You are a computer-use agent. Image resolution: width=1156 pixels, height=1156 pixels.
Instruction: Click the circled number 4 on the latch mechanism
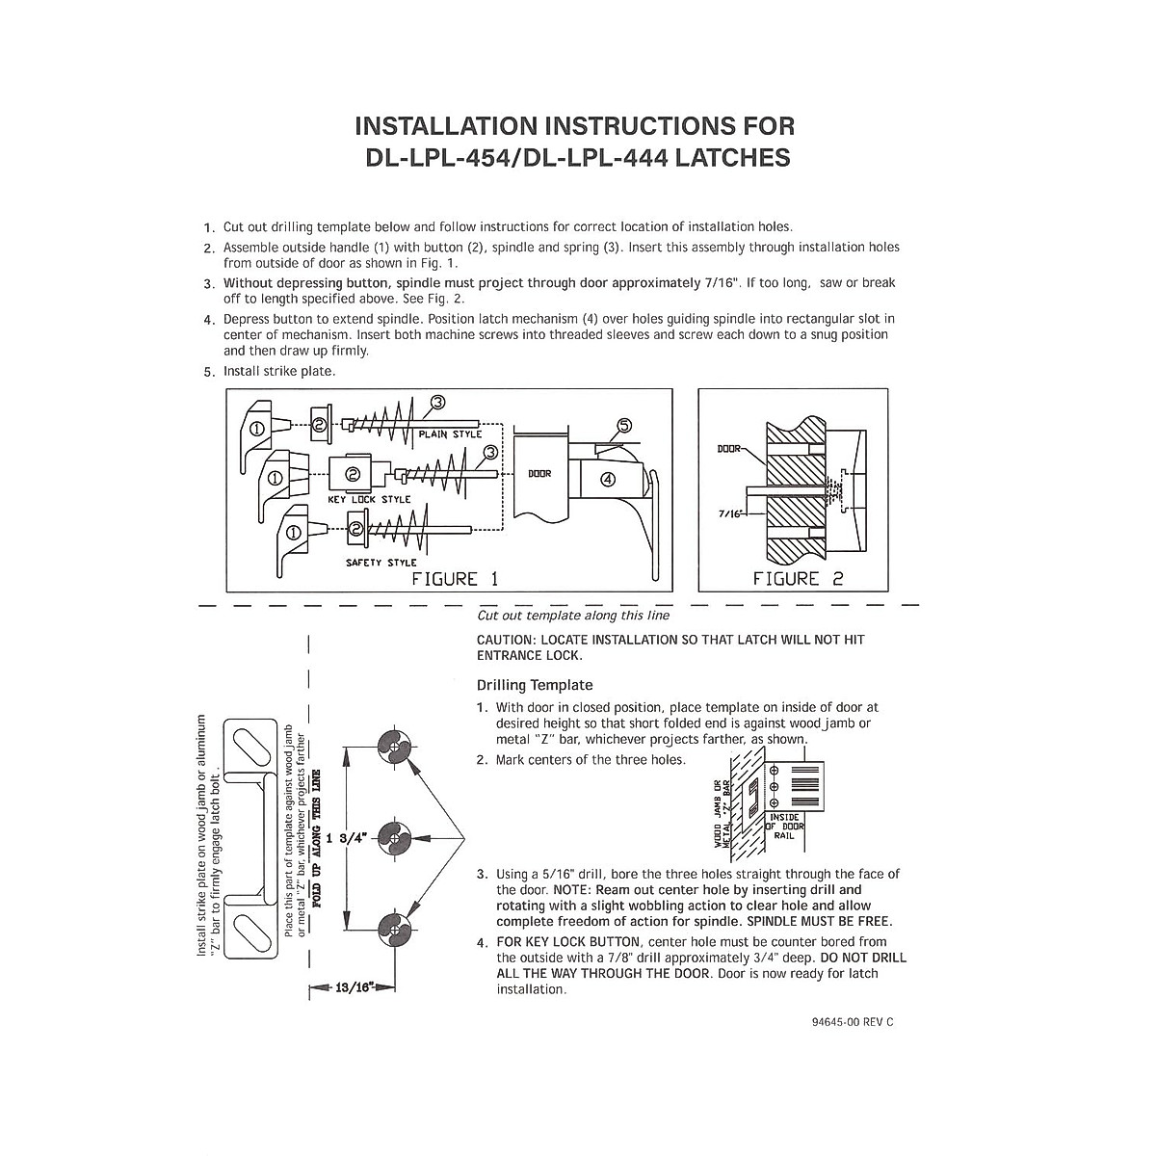pos(608,481)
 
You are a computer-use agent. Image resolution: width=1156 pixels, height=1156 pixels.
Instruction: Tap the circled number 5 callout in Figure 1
pos(623,425)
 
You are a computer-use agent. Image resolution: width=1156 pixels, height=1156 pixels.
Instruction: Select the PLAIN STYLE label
pos(450,434)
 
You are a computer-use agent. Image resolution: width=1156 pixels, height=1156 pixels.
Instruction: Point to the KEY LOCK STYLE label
pos(369,499)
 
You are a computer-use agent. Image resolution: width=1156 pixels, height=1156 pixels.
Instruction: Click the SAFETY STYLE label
pos(381,563)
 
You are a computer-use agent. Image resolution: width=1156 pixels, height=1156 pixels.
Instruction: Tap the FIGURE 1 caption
pos(455,579)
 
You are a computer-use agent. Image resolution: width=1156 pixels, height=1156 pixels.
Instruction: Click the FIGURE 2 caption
pos(799,579)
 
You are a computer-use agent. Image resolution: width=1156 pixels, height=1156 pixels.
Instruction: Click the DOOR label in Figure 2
pos(730,449)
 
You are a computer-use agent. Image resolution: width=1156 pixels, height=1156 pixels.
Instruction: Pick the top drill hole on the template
pos(394,745)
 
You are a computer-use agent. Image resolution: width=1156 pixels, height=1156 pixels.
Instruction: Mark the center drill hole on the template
pos(394,836)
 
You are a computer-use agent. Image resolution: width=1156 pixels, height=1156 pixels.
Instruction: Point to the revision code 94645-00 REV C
pos(840,1022)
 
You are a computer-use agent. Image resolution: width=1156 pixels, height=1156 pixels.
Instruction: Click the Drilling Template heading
pos(535,685)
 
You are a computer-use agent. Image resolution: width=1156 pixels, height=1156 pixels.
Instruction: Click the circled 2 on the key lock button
pos(353,474)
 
